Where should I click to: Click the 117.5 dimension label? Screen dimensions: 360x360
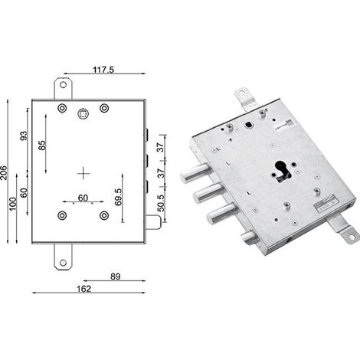tap(103, 70)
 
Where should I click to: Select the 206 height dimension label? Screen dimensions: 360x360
tap(4, 172)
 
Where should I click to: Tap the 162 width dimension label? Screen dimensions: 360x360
tap(84, 289)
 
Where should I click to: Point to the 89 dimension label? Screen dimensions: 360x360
tap(116, 277)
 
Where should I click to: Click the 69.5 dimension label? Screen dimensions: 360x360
tap(118, 197)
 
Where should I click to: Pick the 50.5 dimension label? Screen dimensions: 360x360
tap(161, 203)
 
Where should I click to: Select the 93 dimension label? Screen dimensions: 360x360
tap(24, 136)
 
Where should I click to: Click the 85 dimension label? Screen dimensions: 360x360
tap(42, 146)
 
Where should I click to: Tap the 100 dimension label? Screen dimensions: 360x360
tap(12, 204)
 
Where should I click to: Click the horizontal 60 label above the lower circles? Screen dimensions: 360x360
tap(83, 198)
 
